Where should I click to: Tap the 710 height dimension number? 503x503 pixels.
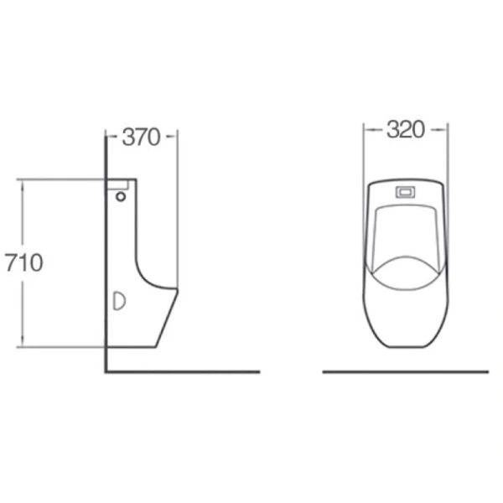pyautogui.click(x=23, y=262)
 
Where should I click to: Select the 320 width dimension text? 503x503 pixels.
pyautogui.click(x=405, y=129)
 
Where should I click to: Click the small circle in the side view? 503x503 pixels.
pyautogui.click(x=121, y=198)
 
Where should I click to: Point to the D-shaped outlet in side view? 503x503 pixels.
pyautogui.click(x=118, y=300)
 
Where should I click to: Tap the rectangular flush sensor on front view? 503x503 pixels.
pyautogui.click(x=406, y=190)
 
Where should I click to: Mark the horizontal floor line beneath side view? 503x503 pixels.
pyautogui.click(x=184, y=371)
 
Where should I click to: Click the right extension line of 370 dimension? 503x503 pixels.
pyautogui.click(x=177, y=210)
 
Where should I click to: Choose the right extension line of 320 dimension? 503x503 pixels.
pyautogui.click(x=448, y=151)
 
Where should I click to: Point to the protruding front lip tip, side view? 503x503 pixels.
pyautogui.click(x=176, y=290)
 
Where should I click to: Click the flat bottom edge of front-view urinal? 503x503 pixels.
pyautogui.click(x=406, y=346)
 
